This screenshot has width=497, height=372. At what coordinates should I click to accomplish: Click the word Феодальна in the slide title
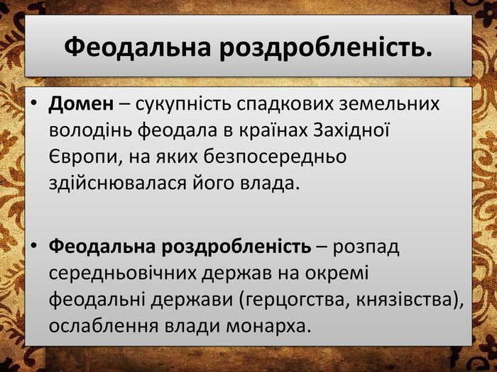tap(138, 47)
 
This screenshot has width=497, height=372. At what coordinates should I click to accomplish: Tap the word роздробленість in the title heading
tap(325, 47)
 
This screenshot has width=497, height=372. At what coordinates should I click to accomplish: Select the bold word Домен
tap(81, 103)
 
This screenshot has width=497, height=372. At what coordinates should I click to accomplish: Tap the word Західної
tap(351, 130)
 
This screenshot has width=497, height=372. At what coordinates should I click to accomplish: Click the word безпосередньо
tap(275, 157)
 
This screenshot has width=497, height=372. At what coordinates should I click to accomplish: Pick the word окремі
tap(337, 273)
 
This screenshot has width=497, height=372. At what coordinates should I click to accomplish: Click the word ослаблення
tap(104, 325)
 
